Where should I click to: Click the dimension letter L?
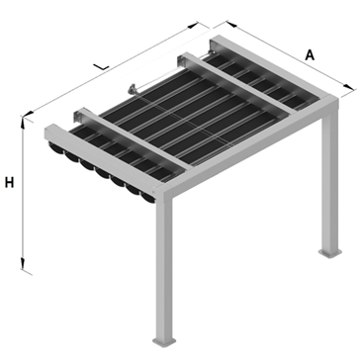pos(101,66)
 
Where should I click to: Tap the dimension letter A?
pos(310,55)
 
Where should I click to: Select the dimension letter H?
pos(9,182)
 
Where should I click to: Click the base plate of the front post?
pos(164,341)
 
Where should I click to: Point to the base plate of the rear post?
pos(329,253)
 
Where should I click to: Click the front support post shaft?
pos(164,267)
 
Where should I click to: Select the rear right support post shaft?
pos(330,181)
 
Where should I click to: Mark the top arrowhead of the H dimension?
pos(23,123)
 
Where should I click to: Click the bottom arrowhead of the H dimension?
pos(23,263)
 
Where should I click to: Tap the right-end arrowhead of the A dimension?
pos(348,87)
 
